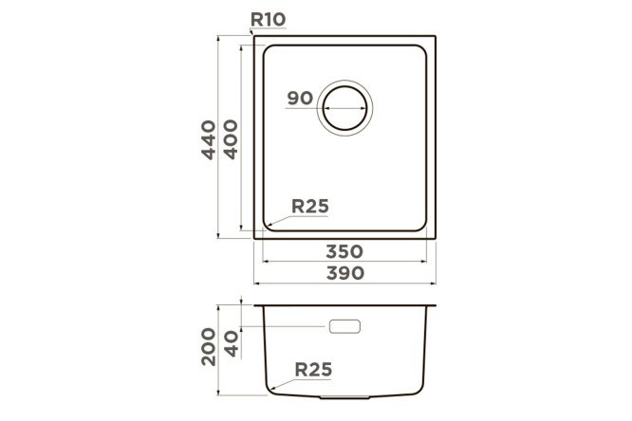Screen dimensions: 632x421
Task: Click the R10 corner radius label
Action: (x=268, y=19)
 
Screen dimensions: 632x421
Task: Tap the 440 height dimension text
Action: (x=209, y=139)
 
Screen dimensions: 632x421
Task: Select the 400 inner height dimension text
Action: (x=231, y=139)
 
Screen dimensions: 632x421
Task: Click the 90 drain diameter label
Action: (x=300, y=98)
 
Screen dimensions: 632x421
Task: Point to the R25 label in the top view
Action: (x=310, y=207)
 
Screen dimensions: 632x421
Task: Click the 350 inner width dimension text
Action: (x=344, y=252)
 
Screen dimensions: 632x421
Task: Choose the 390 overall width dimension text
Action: (x=345, y=273)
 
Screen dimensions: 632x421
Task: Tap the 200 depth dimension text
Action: (x=209, y=347)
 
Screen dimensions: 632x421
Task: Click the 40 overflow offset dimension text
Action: (x=232, y=344)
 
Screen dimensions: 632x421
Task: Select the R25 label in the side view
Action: (x=313, y=370)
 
